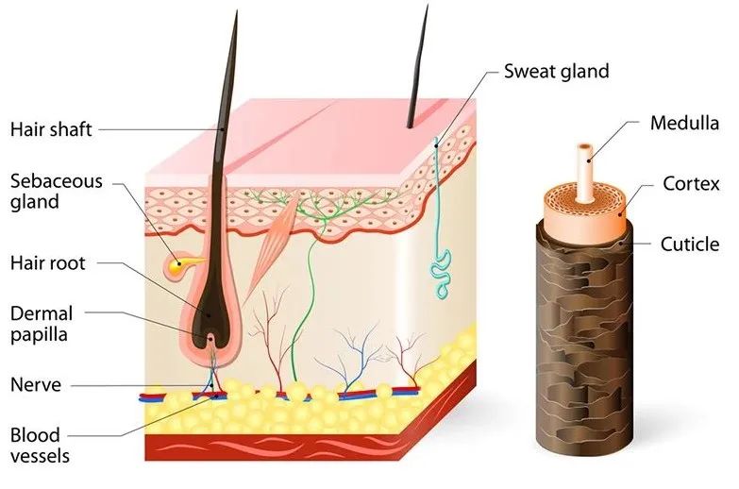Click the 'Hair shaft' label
pyautogui.click(x=51, y=128)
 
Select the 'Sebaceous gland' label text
pyautogui.click(x=56, y=191)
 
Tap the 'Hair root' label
pyautogui.click(x=47, y=262)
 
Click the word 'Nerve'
pyautogui.click(x=36, y=384)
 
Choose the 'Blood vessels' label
pyautogui.click(x=40, y=446)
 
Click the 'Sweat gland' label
pyautogui.click(x=556, y=71)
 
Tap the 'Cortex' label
pyautogui.click(x=691, y=183)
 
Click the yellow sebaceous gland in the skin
pyautogui.click(x=176, y=268)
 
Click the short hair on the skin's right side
pyautogui.click(x=416, y=76)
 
